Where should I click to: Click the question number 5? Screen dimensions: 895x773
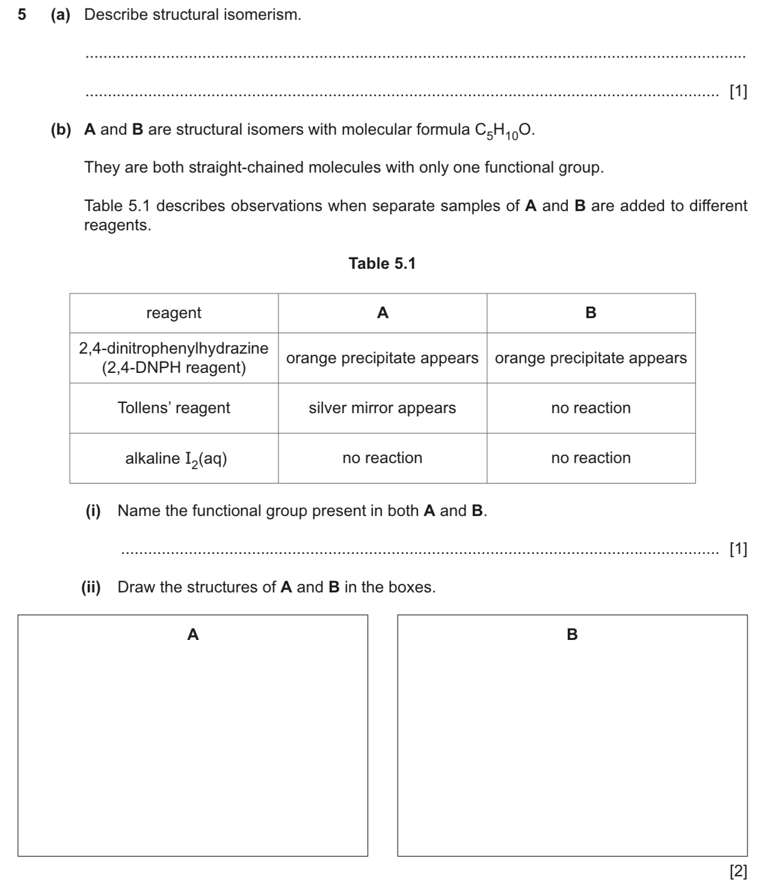click(x=22, y=15)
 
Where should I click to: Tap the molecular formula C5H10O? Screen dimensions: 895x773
click(x=504, y=131)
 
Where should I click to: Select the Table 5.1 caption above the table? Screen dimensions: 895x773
click(x=382, y=263)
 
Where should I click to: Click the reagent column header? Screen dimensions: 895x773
click(x=174, y=313)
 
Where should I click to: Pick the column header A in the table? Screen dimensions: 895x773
click(x=383, y=313)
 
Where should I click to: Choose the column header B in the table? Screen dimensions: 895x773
click(x=591, y=313)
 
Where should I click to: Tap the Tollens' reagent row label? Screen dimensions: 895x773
click(x=174, y=408)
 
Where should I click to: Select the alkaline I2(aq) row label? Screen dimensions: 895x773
click(x=176, y=459)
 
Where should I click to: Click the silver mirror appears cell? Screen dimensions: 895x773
click(x=383, y=408)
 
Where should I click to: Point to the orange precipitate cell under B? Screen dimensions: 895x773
click(x=591, y=358)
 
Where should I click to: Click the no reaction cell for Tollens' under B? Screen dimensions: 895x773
click(x=591, y=408)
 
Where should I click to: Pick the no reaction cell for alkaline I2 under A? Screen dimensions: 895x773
click(x=383, y=458)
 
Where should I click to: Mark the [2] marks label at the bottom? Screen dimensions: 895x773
click(x=738, y=871)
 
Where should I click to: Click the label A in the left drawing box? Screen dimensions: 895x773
click(x=193, y=635)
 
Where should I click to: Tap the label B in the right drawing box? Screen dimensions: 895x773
click(x=572, y=635)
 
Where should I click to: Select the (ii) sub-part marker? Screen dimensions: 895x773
click(x=91, y=587)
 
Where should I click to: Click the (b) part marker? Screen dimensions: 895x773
click(x=61, y=130)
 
